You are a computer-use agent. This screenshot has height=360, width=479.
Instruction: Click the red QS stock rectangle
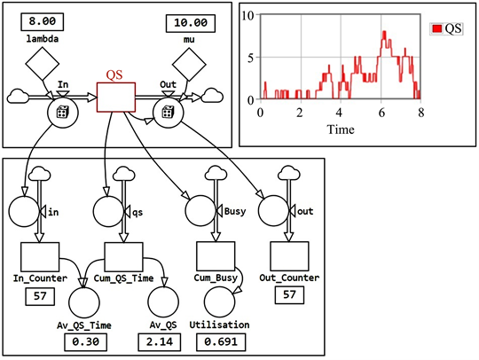[115, 96]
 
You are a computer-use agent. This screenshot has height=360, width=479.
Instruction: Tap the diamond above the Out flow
[188, 63]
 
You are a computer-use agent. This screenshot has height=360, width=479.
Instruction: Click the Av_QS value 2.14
[165, 341]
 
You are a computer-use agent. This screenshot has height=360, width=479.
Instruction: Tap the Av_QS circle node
[165, 302]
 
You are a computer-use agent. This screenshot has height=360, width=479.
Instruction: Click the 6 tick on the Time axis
[381, 113]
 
